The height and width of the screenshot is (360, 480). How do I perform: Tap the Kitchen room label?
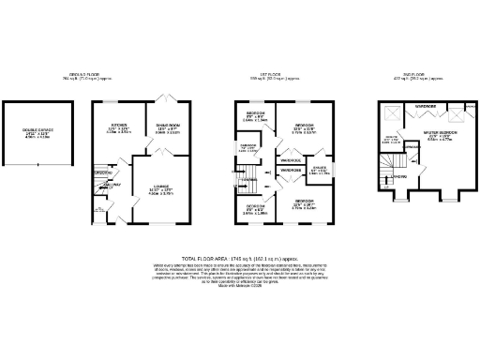coord(118,125)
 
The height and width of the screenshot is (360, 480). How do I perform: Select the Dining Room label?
coord(169,125)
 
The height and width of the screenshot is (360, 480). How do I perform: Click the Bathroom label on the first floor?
coord(248,146)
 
